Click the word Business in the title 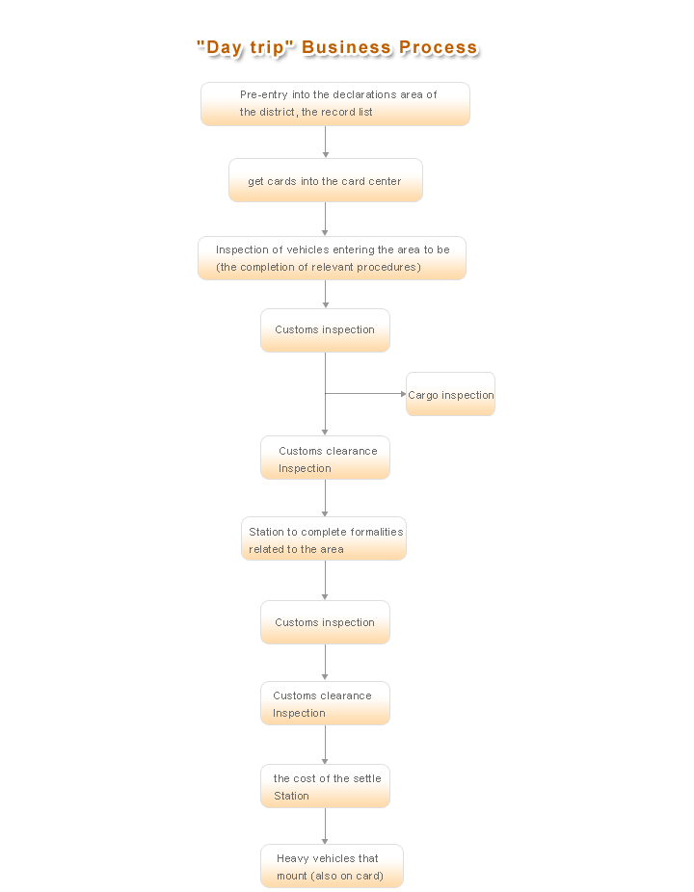point(346,47)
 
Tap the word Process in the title point(438,47)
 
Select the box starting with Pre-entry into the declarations point(335,103)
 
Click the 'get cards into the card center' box point(326,180)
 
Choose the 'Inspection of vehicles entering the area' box point(332,258)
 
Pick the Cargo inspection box point(450,394)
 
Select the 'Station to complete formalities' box point(324,538)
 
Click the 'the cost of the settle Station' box point(325,786)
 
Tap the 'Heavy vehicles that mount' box point(332,866)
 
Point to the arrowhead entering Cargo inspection point(403,394)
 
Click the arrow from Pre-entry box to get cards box point(325,142)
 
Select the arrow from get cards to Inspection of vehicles point(325,219)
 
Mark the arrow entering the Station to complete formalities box point(325,498)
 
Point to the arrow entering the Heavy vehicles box point(325,826)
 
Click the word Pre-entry point(263,95)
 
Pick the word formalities point(376,532)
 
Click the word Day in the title point(225,48)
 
